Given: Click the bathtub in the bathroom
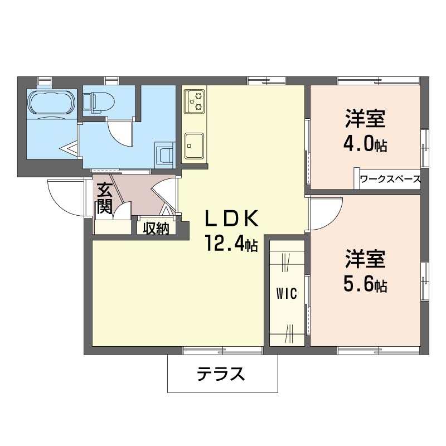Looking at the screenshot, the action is click(52, 104).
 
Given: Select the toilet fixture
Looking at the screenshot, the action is click(99, 103).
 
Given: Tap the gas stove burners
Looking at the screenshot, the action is click(195, 101).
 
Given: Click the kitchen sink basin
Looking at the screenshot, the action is click(194, 146).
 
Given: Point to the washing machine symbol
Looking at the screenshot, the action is click(164, 156).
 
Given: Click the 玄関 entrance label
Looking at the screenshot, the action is click(104, 199).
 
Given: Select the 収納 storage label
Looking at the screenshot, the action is click(156, 228).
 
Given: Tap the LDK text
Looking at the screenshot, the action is click(231, 219).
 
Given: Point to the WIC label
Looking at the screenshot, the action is click(287, 294).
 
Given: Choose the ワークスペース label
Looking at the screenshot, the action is click(390, 179).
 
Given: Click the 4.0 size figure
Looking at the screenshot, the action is click(358, 144).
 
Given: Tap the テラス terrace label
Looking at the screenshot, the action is click(221, 374).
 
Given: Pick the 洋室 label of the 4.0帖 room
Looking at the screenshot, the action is click(365, 118).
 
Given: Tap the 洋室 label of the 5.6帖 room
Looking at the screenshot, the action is click(365, 258).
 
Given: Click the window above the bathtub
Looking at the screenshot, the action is click(45, 80).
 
